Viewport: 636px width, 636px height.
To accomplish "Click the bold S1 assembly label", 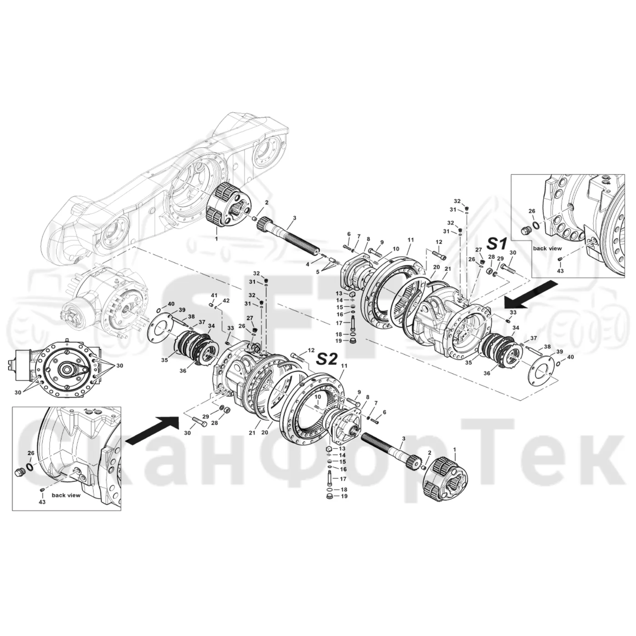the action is click(x=497, y=244).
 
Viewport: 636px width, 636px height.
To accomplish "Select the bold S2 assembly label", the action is click(x=327, y=359).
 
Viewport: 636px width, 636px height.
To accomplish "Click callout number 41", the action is click(x=214, y=295).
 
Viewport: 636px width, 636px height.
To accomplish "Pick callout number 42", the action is click(x=226, y=300).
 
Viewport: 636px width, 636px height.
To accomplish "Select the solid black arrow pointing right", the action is click(x=153, y=430).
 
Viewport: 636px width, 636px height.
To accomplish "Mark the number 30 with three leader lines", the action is click(x=119, y=366).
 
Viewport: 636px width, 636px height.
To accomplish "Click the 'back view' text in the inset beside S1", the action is click(x=547, y=248).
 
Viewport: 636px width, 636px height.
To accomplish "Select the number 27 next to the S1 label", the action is click(x=478, y=258).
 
